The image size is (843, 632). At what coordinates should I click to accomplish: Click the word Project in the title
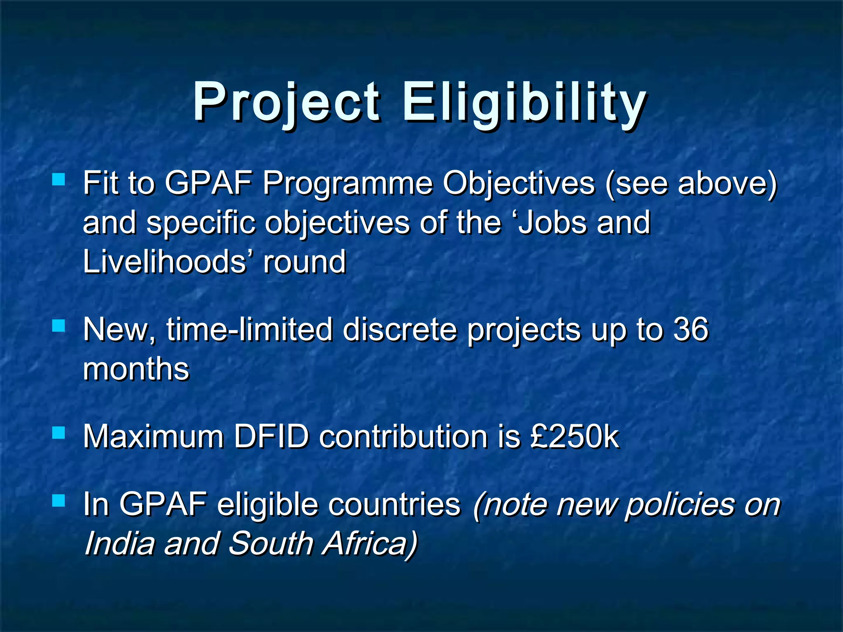286,103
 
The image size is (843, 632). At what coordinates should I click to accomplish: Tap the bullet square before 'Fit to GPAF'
58,179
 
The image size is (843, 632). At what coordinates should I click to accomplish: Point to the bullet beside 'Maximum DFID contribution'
58,432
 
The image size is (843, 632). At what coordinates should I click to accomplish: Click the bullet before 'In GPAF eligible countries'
58,500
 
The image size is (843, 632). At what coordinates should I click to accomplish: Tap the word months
136,369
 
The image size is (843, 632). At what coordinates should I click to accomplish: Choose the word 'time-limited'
249,330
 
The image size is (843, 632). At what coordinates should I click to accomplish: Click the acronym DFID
271,436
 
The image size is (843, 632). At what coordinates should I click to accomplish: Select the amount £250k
574,436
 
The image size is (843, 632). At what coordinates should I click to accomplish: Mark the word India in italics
120,544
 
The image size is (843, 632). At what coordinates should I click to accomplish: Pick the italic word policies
680,504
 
